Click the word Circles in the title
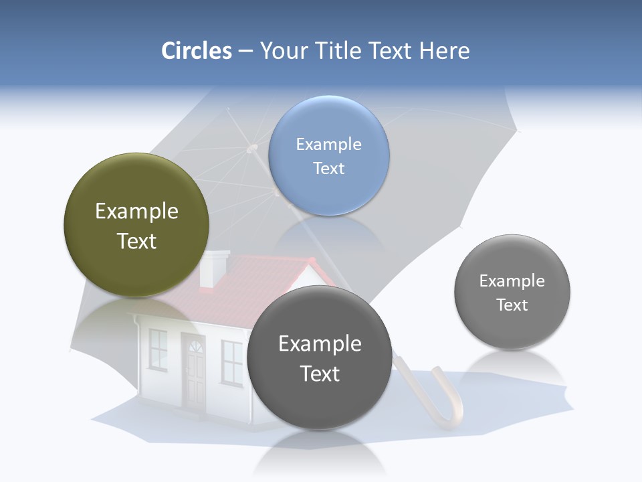[x=196, y=51]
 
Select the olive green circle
[x=136, y=225]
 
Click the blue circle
[x=328, y=155]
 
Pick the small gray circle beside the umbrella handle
[x=512, y=292]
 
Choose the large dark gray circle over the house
[x=320, y=357]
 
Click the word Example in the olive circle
[x=136, y=212]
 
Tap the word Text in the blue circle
[x=328, y=168]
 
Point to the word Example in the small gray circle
[x=512, y=281]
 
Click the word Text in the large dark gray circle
[x=320, y=374]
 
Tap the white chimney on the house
[x=215, y=268]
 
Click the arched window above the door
[x=196, y=346]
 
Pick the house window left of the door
[x=158, y=349]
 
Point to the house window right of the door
[x=231, y=361]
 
